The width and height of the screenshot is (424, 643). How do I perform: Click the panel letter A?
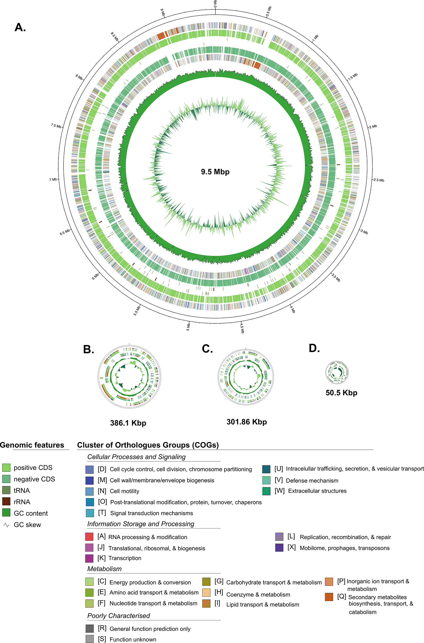click(x=20, y=27)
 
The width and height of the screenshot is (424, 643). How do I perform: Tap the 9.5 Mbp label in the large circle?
click(x=215, y=172)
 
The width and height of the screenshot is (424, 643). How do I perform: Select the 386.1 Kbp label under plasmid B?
click(x=128, y=423)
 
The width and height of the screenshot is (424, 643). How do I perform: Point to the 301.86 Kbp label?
click(x=246, y=422)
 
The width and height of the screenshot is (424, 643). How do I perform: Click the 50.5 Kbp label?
click(x=341, y=393)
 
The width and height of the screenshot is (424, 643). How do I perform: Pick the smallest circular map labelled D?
click(x=337, y=372)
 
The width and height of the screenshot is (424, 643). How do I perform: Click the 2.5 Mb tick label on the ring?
click(x=379, y=180)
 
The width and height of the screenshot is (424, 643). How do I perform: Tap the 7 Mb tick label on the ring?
click(x=53, y=179)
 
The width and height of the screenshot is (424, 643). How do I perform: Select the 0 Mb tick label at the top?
click(x=215, y=4)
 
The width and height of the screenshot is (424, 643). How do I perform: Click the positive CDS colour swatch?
click(x=6, y=467)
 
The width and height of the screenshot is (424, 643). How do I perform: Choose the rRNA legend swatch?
click(x=6, y=501)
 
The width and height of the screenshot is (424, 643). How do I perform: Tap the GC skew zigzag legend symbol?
click(x=6, y=525)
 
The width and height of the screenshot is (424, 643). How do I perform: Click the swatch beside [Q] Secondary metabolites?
click(x=329, y=597)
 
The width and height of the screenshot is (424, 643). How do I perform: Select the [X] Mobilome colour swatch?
click(x=279, y=548)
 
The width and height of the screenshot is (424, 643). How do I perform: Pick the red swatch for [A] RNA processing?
click(x=89, y=537)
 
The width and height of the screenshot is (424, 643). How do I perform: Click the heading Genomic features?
click(x=32, y=445)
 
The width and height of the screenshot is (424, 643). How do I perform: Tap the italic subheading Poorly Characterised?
click(x=118, y=616)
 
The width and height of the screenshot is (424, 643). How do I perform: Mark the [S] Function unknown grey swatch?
click(x=89, y=639)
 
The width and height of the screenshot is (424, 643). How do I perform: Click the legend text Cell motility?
click(x=124, y=491)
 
